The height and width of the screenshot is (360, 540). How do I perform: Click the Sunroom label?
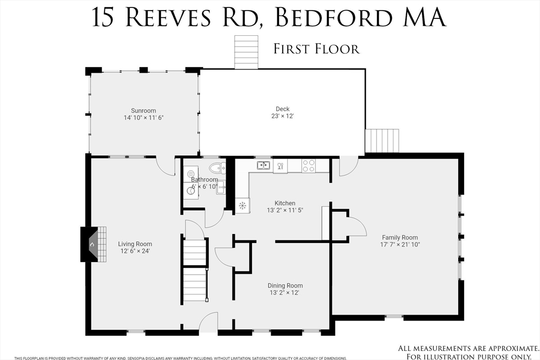[143, 111]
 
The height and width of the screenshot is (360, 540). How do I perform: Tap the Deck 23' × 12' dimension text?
[283, 116]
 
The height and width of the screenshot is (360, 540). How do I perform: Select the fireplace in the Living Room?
[93, 245]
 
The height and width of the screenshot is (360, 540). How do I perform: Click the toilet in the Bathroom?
[217, 168]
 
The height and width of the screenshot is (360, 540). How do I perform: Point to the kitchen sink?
[264, 166]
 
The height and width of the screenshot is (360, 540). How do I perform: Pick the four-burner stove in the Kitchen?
[308, 166]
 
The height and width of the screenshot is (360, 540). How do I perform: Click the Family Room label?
[400, 238]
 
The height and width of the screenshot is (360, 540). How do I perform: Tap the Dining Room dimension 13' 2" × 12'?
[284, 293]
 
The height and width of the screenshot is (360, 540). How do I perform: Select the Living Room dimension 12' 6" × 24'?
[135, 251]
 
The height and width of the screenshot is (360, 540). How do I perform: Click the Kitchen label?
[285, 203]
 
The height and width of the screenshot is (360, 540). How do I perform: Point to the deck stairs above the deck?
[246, 52]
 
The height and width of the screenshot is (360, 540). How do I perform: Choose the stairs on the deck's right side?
[382, 141]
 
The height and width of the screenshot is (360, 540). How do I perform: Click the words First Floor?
[316, 49]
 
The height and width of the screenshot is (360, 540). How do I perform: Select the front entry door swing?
[208, 322]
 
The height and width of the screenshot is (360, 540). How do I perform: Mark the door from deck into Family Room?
[349, 166]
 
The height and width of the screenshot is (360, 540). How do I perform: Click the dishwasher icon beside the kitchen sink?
[281, 166]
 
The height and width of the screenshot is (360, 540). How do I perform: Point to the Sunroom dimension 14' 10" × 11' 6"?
[143, 118]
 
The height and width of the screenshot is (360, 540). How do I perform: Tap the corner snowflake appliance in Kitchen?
[243, 206]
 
